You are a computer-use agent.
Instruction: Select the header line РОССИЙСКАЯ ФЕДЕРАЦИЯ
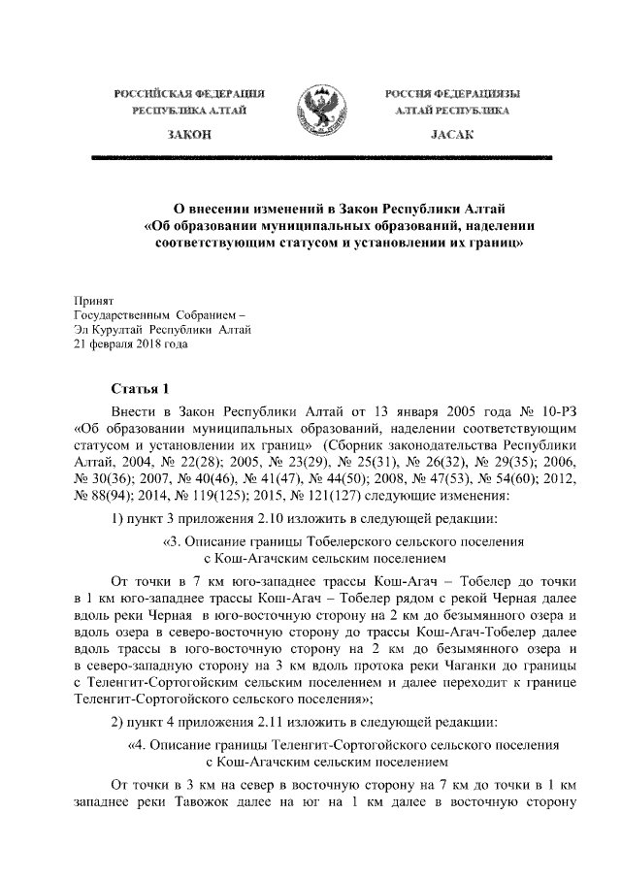(188, 94)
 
